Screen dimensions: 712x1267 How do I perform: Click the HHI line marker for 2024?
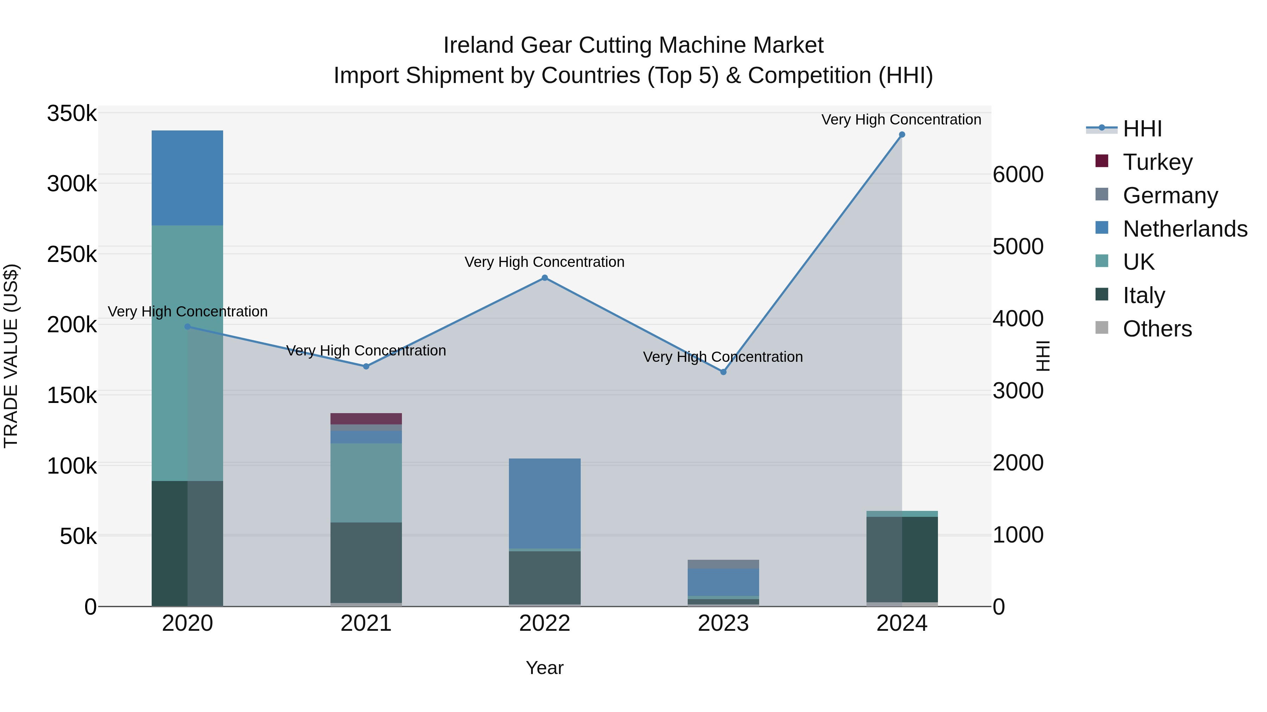[x=902, y=135]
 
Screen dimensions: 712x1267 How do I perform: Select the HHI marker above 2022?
[x=544, y=278]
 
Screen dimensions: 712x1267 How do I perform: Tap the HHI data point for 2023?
[x=723, y=372]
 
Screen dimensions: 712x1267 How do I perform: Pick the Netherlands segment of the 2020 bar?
[x=187, y=178]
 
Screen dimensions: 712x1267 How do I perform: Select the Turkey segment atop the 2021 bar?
[x=366, y=419]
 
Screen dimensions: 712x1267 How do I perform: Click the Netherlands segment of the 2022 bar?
[x=544, y=503]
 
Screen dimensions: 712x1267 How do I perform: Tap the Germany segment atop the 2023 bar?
[x=723, y=564]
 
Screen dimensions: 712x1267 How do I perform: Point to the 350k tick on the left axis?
[x=72, y=114]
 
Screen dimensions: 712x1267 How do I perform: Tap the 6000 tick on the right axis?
[x=1017, y=174]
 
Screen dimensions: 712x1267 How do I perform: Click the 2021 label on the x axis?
[x=366, y=623]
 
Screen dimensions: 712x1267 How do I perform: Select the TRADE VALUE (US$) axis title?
[x=11, y=356]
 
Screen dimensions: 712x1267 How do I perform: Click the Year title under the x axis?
[x=544, y=668]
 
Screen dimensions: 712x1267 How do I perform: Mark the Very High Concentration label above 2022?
[x=544, y=262]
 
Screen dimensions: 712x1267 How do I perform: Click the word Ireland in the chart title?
[x=478, y=45]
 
